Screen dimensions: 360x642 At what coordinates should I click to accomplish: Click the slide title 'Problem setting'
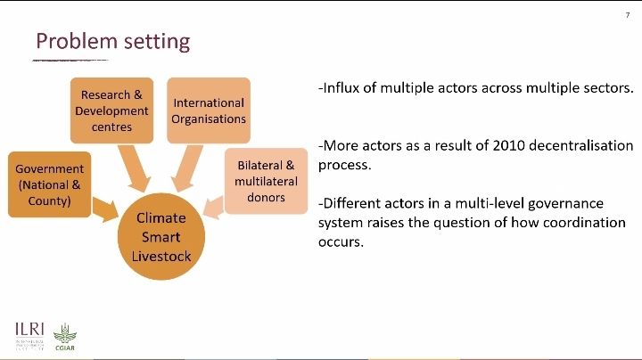click(x=112, y=41)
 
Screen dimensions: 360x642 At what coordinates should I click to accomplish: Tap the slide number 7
click(x=627, y=15)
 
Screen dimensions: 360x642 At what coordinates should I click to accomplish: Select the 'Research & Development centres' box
click(x=111, y=110)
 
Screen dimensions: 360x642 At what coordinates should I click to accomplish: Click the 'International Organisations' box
click(x=209, y=110)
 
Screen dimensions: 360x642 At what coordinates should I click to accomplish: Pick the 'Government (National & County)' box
click(x=50, y=184)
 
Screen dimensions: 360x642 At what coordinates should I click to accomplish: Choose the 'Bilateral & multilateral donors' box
click(x=266, y=181)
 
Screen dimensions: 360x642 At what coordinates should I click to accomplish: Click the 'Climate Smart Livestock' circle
click(x=161, y=237)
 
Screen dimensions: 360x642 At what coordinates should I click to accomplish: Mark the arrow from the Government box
click(x=105, y=210)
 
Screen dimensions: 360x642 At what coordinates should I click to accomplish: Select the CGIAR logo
click(x=65, y=337)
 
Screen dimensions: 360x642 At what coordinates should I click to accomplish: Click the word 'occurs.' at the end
click(x=341, y=241)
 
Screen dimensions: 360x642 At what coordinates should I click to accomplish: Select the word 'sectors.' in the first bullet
click(x=607, y=88)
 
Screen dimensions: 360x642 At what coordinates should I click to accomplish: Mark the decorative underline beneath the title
click(x=70, y=61)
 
